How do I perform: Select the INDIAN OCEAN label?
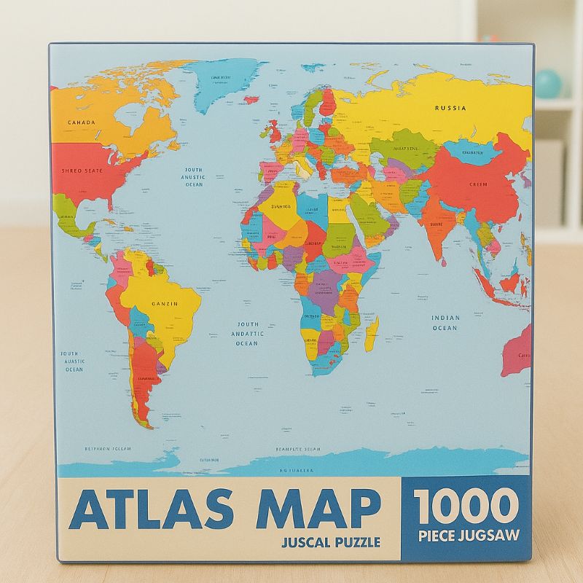click(445, 323)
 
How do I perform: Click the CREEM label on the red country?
click(478, 184)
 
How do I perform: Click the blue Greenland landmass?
click(226, 84)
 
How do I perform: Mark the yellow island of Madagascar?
click(372, 332)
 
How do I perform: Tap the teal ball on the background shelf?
click(551, 83)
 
